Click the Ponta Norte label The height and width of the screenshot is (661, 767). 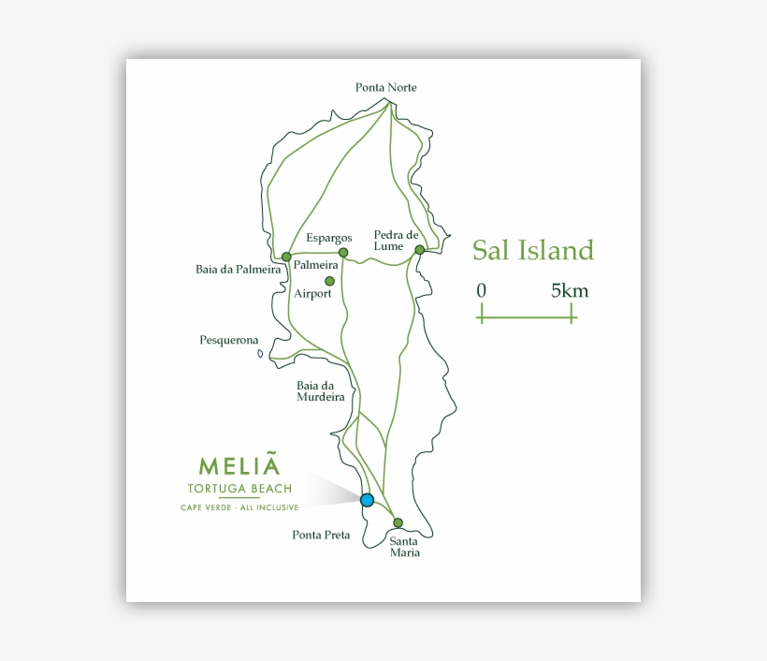pos(385,88)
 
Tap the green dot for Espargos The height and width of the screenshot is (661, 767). pos(343,253)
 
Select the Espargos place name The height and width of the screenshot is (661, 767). pos(329,238)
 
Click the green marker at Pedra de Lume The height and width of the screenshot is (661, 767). pos(420,250)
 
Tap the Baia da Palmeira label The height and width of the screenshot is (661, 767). pos(239,270)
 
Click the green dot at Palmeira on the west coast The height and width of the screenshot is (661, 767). pos(286,257)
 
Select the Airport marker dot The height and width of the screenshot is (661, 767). pos(329,281)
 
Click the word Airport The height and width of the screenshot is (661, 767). pos(312,294)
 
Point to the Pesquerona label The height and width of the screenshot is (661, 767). pos(229,340)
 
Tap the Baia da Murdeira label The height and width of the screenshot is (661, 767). pos(321,390)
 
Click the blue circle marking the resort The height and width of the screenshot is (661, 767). pos(367,500)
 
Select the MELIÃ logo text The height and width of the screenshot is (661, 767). pos(239,466)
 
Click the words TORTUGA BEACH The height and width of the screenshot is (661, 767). pos(239,489)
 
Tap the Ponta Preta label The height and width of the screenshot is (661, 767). pos(321,536)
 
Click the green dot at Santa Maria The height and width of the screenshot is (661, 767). pos(398,522)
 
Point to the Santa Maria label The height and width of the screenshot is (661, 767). pos(405,546)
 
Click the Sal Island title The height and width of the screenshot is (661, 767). pos(532,251)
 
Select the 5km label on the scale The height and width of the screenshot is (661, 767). pos(570,291)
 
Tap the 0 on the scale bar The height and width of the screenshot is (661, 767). pos(481,291)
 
